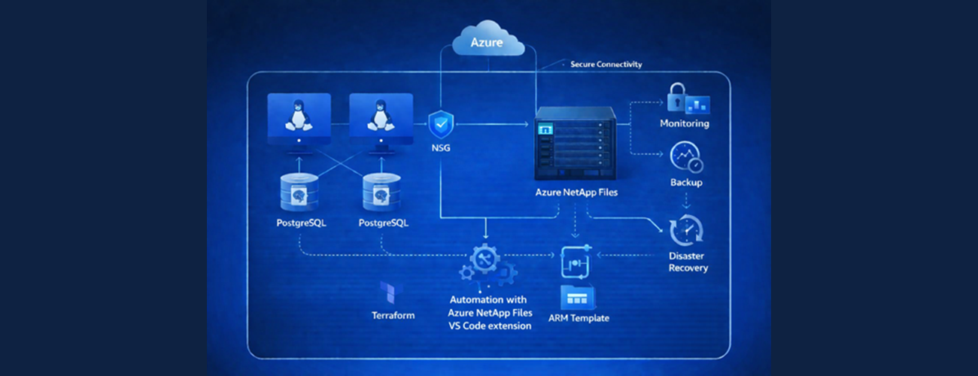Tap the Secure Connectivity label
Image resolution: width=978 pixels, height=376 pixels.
[606, 65]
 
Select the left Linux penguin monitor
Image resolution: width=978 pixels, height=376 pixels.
[299, 119]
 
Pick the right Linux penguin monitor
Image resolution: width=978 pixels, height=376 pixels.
[381, 119]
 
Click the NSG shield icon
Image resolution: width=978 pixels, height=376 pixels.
[440, 123]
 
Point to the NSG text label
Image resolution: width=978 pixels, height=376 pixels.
[440, 148]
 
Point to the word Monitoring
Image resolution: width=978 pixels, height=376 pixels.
[684, 123]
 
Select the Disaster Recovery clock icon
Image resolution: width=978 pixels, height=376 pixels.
[685, 229]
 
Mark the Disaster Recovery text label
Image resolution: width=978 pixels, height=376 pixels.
[688, 262]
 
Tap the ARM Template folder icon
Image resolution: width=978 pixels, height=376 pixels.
[577, 296]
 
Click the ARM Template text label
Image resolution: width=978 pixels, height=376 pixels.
[580, 318]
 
